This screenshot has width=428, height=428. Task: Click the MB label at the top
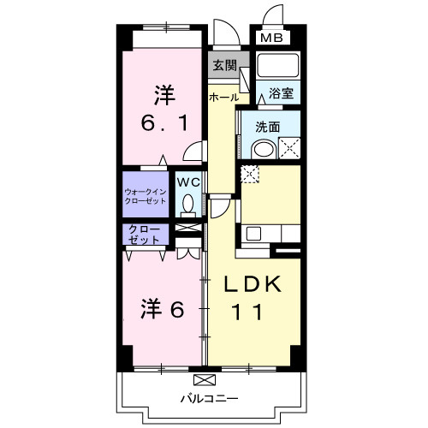[x=270, y=38]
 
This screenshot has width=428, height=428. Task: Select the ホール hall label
[x=224, y=98]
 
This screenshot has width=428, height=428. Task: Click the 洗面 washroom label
[x=268, y=127]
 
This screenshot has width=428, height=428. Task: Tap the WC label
[x=187, y=181]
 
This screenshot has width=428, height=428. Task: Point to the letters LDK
[x=253, y=285]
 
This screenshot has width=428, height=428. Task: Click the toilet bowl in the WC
[x=187, y=205]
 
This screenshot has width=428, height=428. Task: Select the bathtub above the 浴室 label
[x=277, y=67]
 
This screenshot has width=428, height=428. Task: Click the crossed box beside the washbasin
[x=288, y=148]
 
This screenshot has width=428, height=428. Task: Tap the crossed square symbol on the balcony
[x=204, y=379]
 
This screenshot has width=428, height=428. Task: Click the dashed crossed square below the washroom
[x=249, y=175]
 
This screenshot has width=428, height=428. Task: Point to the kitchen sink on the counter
[x=253, y=232]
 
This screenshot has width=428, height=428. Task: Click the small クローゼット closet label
[x=145, y=234]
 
